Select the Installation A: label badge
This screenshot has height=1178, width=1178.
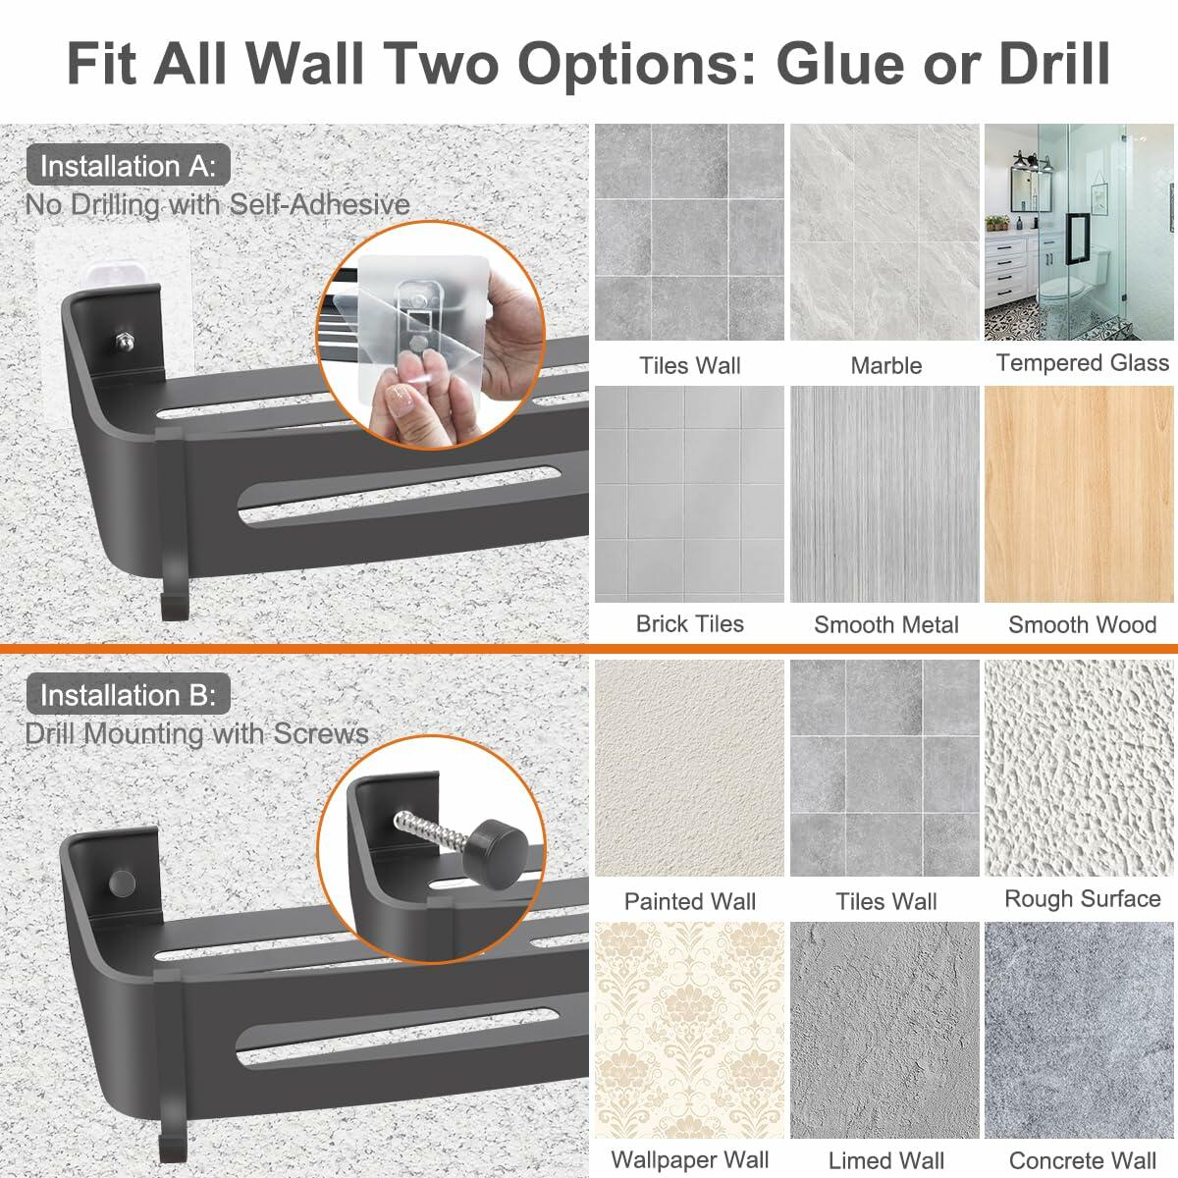pos(128,166)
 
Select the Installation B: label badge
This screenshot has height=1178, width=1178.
pos(128,695)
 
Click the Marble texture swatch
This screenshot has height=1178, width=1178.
pos(885,232)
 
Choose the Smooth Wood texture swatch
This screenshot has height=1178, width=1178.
pos(1080,494)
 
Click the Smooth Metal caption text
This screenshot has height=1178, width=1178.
pos(885,624)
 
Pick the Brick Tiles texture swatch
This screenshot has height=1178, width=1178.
pos(689,494)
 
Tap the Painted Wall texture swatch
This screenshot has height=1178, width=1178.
pos(689,768)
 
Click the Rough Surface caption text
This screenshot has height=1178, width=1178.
pos(1082,898)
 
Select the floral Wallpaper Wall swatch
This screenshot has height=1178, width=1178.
pos(689,1029)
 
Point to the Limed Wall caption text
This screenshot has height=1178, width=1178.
pos(885,1159)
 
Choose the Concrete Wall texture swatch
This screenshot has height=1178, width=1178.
pos(1080,1029)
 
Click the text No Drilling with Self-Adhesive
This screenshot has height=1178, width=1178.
pos(217,204)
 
